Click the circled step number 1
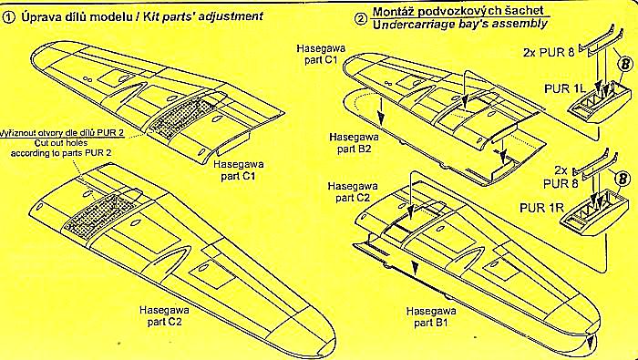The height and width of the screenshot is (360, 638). point(6,17)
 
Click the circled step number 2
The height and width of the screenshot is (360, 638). point(361,18)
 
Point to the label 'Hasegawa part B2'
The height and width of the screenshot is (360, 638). point(355,141)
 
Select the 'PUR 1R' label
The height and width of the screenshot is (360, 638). point(540,209)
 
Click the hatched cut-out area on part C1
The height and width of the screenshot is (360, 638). point(183,116)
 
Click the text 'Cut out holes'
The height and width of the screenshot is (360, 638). point(60,143)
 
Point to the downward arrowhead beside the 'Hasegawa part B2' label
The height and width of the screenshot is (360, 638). point(381,118)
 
